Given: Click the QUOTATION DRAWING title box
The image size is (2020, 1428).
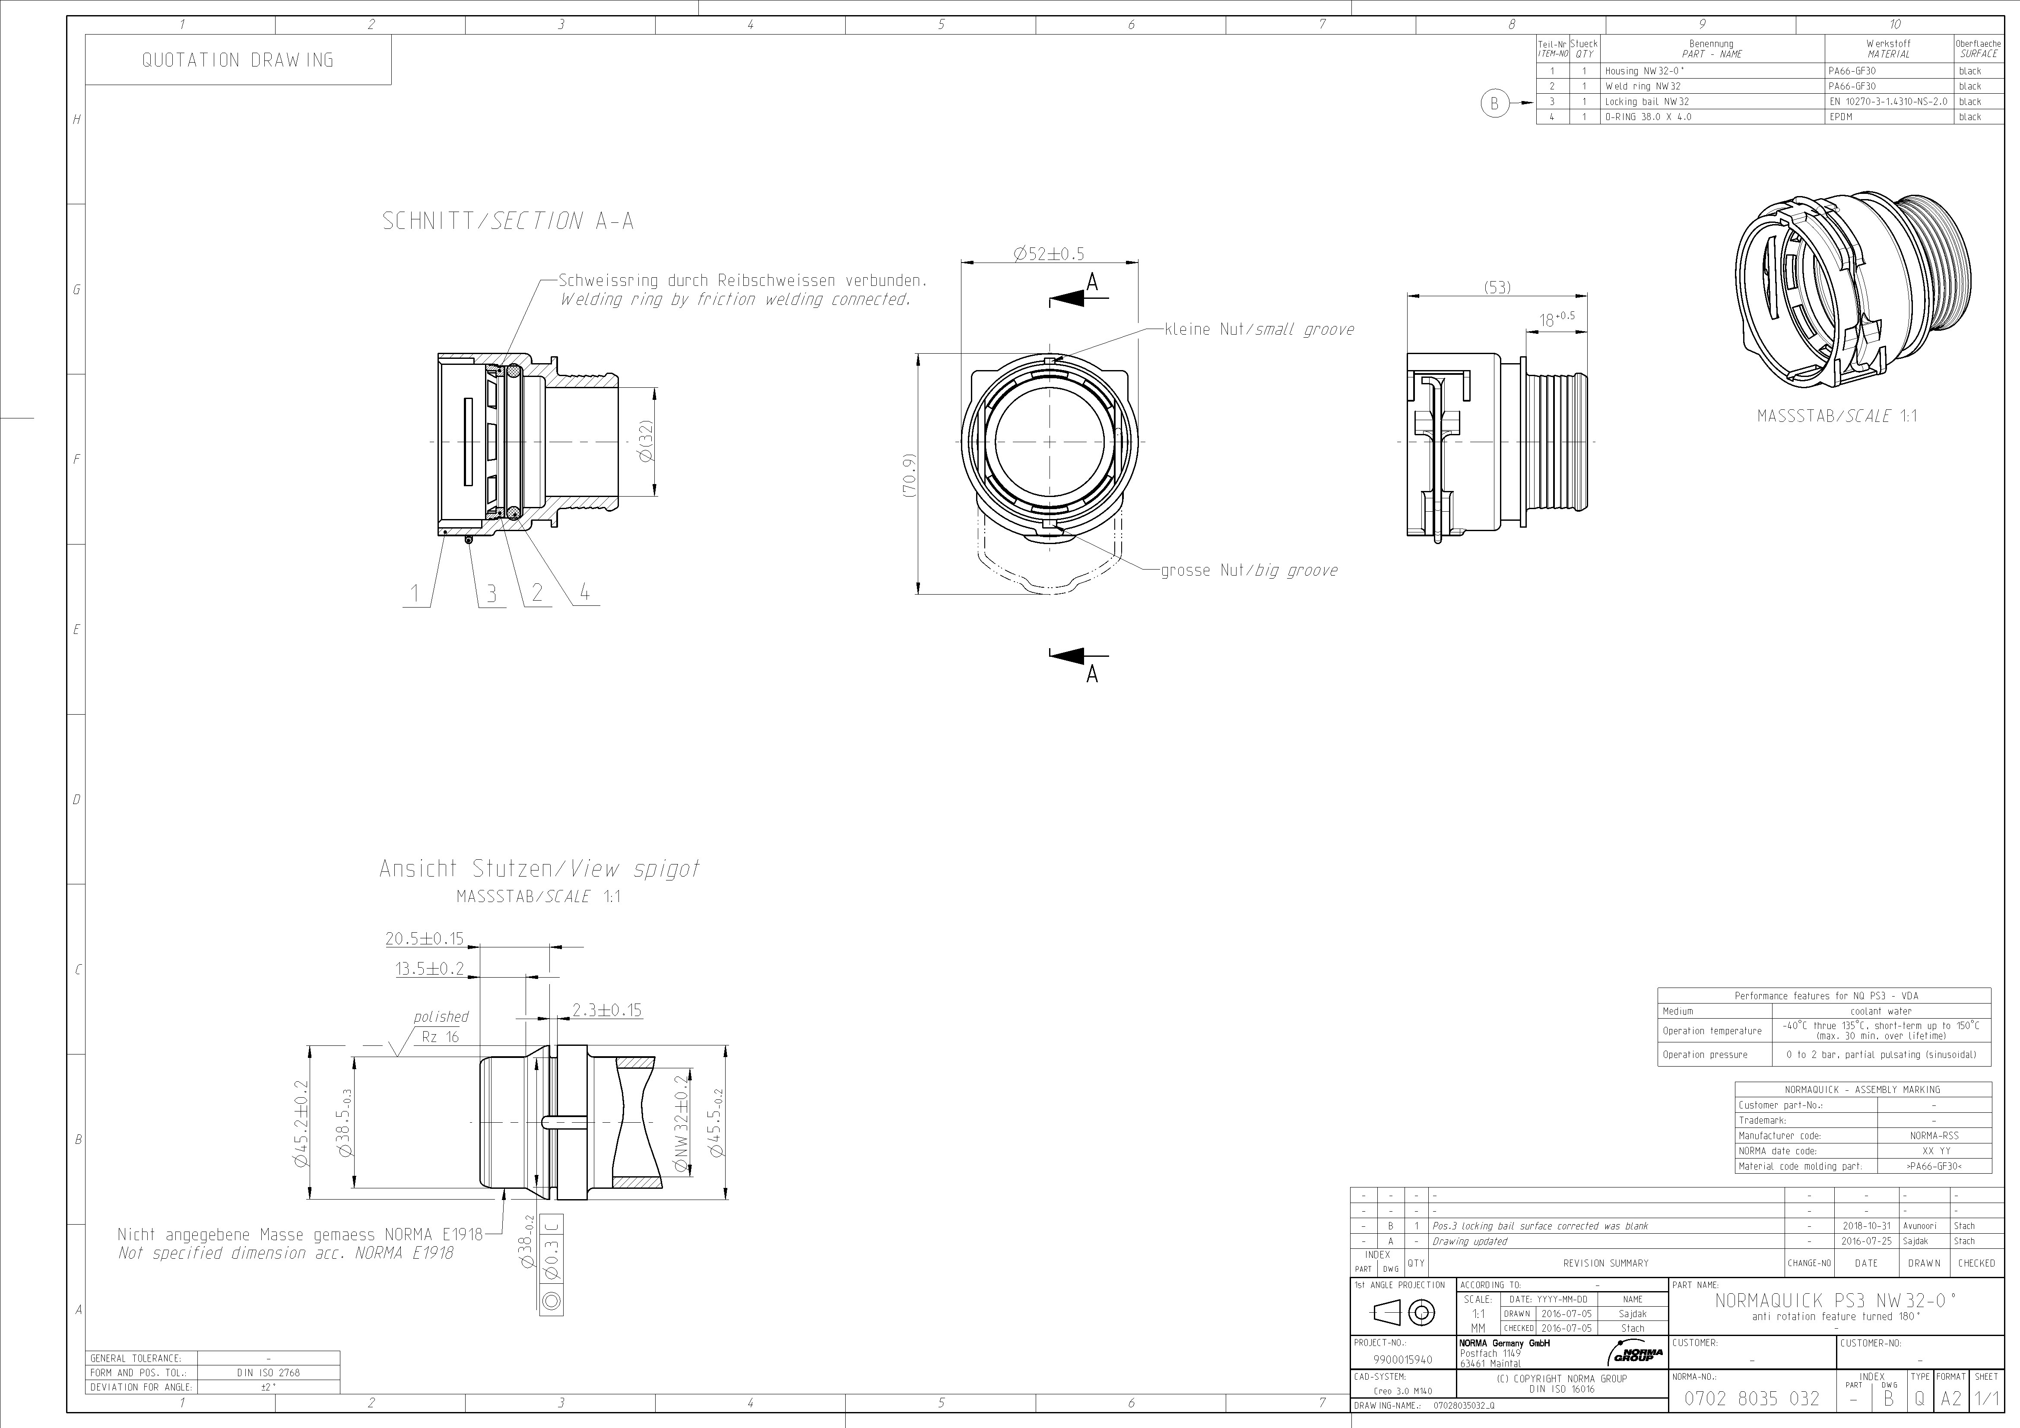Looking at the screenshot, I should (238, 60).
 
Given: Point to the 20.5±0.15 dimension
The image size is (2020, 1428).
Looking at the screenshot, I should (424, 939).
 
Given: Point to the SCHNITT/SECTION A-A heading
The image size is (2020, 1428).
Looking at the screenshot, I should (507, 221).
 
